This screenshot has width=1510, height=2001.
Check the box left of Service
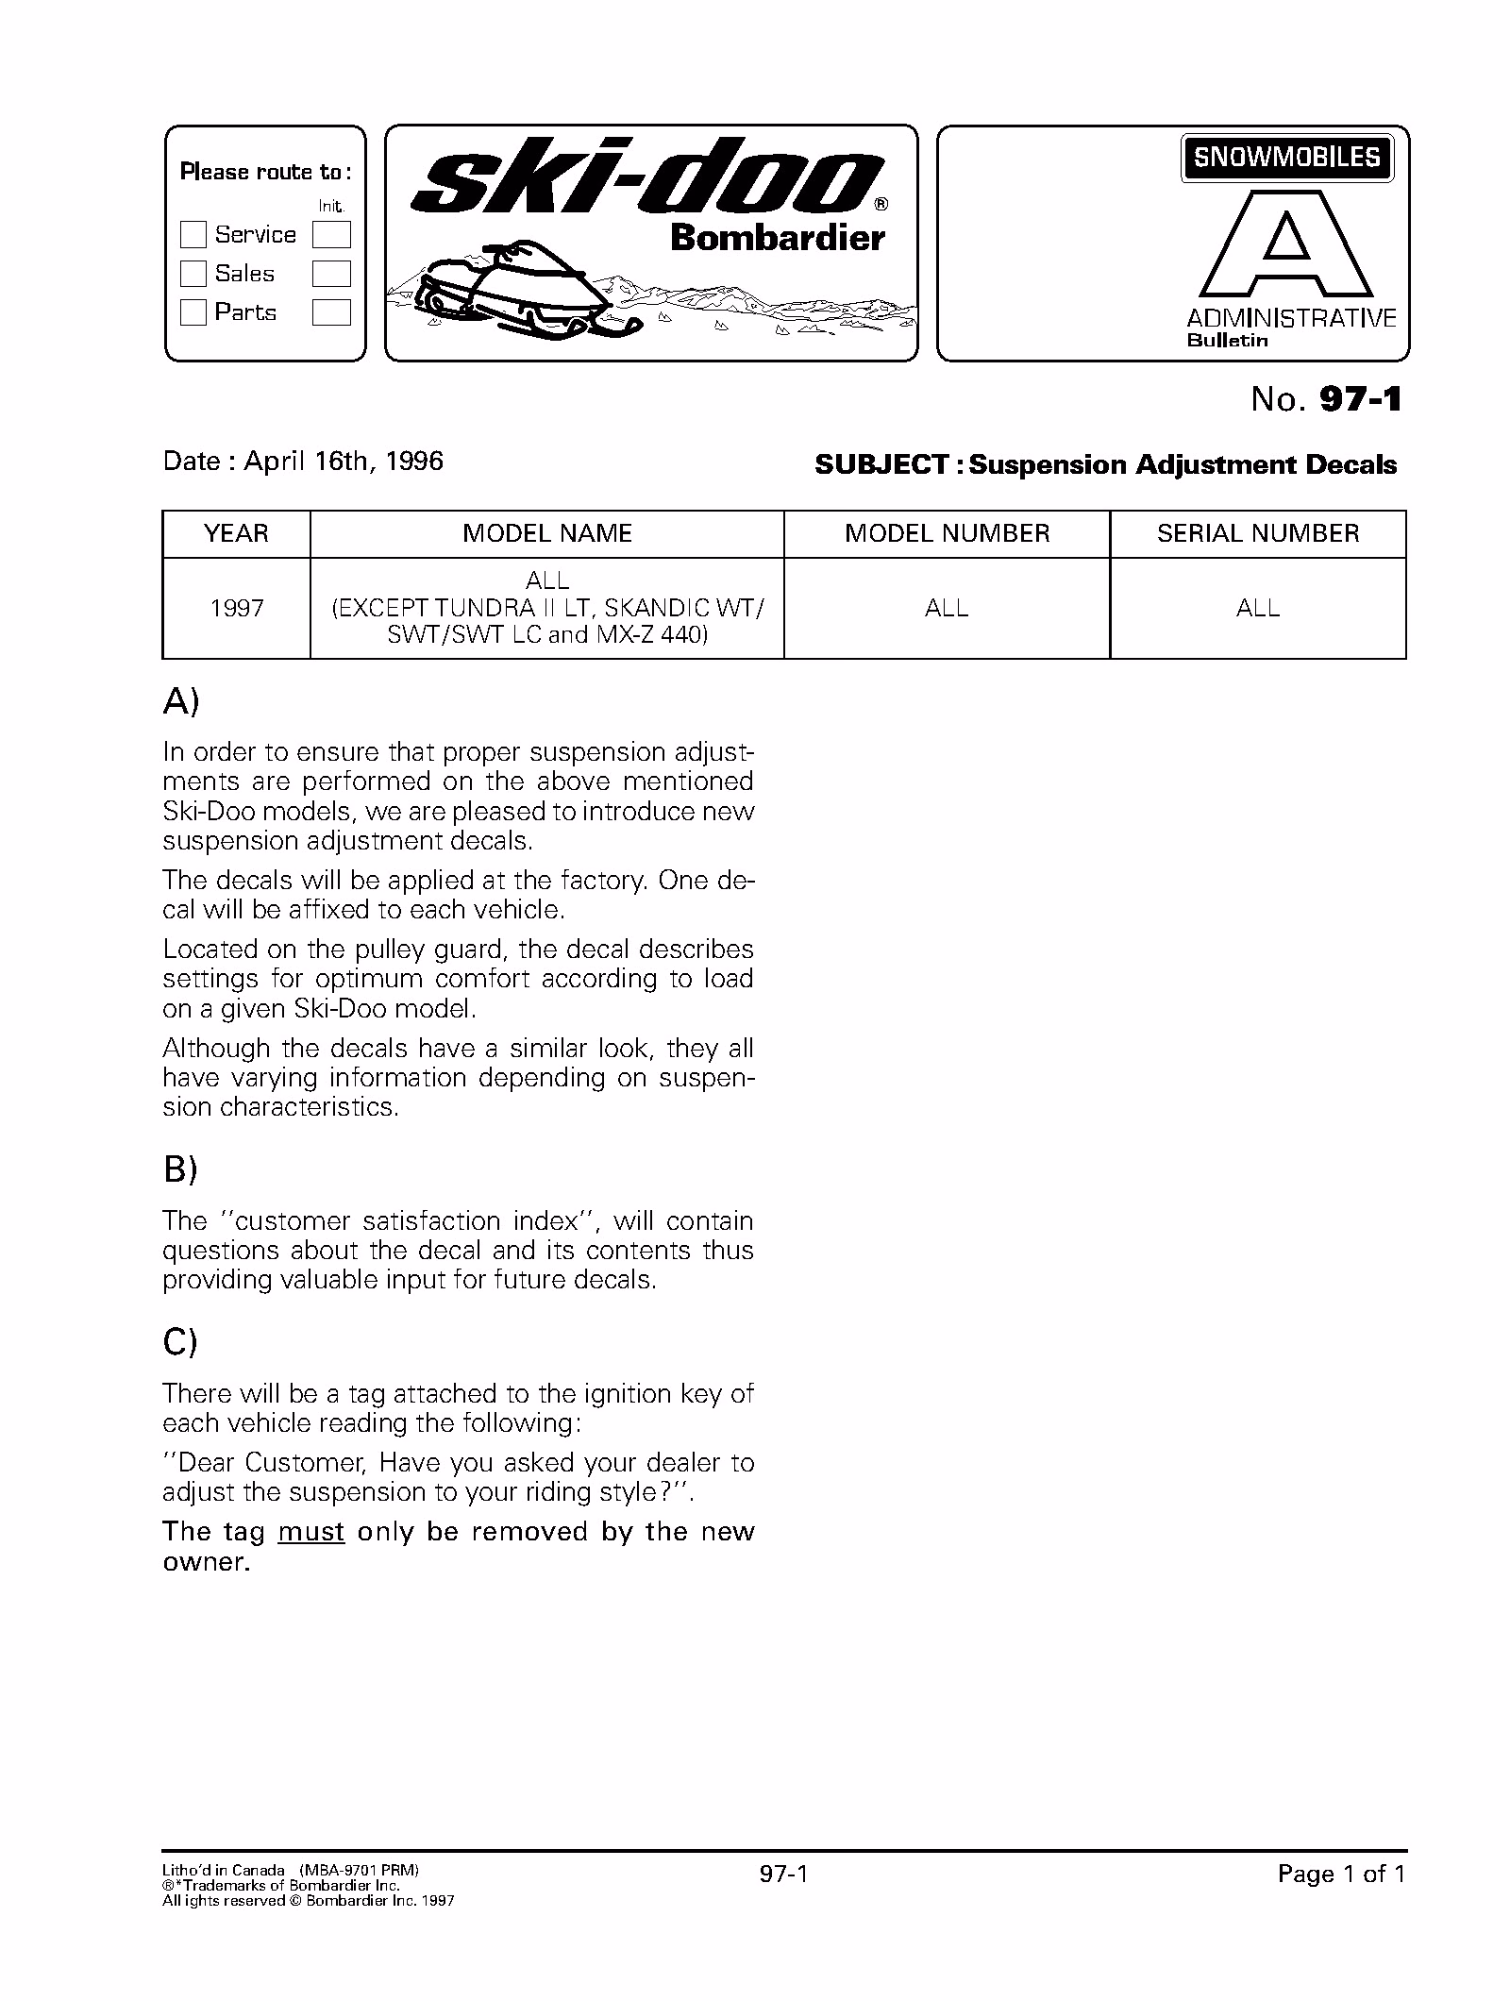tap(193, 234)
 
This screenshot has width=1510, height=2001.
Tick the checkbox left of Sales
tap(193, 274)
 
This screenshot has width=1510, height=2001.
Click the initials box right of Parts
tap(331, 312)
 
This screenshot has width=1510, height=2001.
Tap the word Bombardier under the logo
tap(777, 238)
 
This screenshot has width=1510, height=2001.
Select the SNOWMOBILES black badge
tap(1286, 157)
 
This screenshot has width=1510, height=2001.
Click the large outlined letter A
tap(1286, 247)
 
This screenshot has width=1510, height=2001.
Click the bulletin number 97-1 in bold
tap(1360, 400)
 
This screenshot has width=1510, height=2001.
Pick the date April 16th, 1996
tap(344, 461)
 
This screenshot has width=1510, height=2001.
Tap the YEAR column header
tap(236, 533)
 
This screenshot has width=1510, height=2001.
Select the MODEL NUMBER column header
tap(947, 533)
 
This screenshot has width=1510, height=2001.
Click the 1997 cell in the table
tap(236, 608)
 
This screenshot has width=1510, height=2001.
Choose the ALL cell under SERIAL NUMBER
tap(1257, 608)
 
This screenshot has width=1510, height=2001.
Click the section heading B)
tap(180, 1169)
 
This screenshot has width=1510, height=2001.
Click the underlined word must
tap(311, 1531)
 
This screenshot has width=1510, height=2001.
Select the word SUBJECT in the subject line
tap(881, 464)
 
